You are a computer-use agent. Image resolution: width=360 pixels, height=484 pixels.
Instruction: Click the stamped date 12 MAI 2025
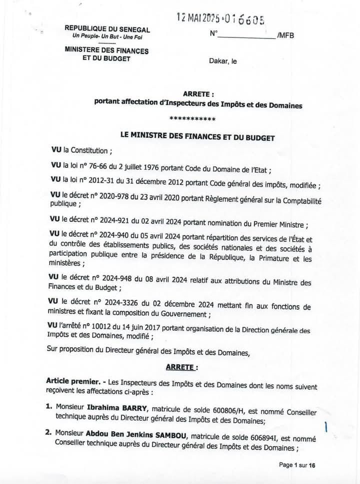[x=196, y=18]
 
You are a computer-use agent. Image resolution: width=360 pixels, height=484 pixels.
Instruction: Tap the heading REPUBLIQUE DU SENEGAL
[x=107, y=29]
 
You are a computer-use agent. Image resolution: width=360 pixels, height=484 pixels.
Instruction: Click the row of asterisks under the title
[x=192, y=119]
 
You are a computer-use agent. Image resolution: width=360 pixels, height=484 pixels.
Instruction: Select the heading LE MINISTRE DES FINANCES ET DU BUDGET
[x=198, y=137]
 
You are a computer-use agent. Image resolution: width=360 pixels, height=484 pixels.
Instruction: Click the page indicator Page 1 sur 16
[x=297, y=465]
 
